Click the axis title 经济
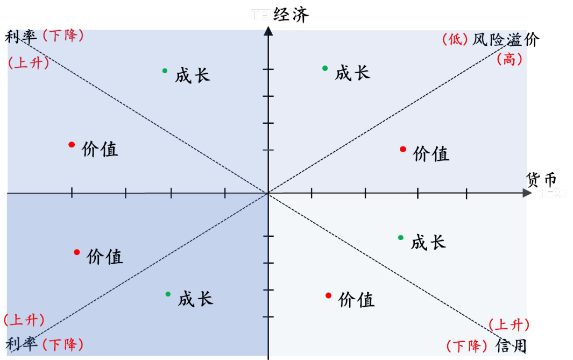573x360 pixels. (291, 15)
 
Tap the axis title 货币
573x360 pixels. (541, 180)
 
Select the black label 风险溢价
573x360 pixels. (505, 39)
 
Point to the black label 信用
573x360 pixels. (511, 345)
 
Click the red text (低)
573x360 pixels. (455, 39)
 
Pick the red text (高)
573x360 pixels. (509, 59)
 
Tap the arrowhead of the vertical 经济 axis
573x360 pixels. (268, 31)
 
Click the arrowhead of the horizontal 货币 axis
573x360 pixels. (527, 193)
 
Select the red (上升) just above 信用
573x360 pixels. (509, 324)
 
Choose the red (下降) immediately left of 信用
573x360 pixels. (467, 345)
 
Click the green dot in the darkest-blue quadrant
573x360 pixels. (168, 294)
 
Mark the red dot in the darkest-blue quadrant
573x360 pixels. (77, 252)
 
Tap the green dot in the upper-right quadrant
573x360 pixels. (325, 68)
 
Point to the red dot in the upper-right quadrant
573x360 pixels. (402, 149)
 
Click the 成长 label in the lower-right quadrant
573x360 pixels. (428, 242)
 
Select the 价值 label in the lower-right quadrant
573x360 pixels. (356, 300)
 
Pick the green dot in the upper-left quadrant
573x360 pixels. (165, 71)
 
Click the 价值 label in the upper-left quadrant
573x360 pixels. (100, 149)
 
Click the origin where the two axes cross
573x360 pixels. (268, 193)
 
